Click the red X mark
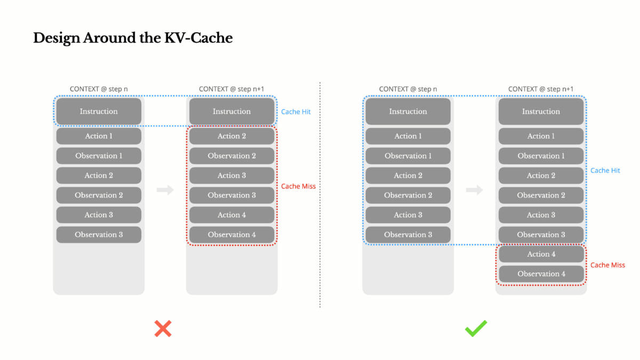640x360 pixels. [x=163, y=328]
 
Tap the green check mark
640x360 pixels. [x=476, y=328]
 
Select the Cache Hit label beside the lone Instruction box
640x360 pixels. [x=295, y=112]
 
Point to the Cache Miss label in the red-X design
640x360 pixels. [x=298, y=186]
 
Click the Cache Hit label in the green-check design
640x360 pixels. [x=605, y=171]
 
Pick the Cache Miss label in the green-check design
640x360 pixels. [x=607, y=265]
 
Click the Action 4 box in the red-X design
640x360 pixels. [x=231, y=215]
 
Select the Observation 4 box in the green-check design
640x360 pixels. [x=541, y=274]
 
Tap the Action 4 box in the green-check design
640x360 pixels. [x=541, y=254]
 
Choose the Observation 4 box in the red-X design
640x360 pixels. [x=231, y=235]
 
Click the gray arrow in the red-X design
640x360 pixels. [x=165, y=190]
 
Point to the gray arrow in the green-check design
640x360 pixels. [x=475, y=190]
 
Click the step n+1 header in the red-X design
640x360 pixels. [x=231, y=89]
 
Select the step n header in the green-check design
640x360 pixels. [x=408, y=89]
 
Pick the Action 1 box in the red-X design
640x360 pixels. [x=99, y=136]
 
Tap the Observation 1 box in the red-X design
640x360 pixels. [x=99, y=156]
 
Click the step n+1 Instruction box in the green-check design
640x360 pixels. [x=541, y=111]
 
